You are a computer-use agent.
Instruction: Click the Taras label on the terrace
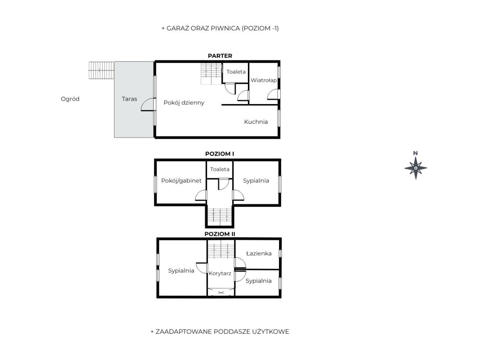tap(130, 99)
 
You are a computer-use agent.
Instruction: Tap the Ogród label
tap(70, 99)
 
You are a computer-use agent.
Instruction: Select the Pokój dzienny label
tap(184, 103)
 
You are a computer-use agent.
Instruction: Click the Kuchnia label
tap(256, 122)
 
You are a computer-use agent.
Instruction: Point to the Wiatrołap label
tap(264, 80)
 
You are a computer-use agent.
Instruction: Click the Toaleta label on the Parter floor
tap(236, 72)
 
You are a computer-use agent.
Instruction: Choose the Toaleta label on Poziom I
tap(220, 170)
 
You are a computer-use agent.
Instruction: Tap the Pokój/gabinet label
tap(181, 181)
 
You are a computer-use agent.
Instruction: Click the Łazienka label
tap(259, 254)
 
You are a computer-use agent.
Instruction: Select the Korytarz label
tap(220, 274)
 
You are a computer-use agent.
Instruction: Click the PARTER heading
tap(220, 56)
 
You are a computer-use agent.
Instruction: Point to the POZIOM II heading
tap(220, 234)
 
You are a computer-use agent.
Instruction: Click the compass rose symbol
tap(416, 168)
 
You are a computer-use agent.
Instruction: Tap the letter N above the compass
tap(416, 153)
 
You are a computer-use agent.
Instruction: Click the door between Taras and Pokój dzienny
tap(148, 104)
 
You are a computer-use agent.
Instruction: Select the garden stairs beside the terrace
tap(101, 70)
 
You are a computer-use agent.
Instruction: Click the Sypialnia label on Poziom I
tap(256, 181)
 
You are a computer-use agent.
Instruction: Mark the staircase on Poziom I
tap(220, 217)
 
